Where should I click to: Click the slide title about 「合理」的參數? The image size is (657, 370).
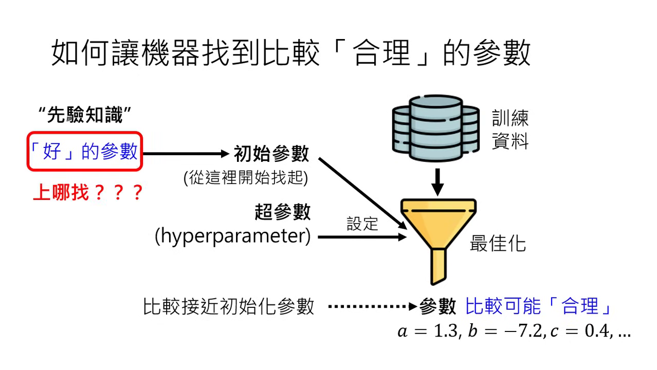(x=291, y=54)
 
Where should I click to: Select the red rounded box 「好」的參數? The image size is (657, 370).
(x=85, y=152)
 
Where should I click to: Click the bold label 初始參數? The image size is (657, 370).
(x=271, y=153)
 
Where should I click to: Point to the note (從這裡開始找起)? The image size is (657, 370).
(x=246, y=178)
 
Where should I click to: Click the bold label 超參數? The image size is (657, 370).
(x=283, y=211)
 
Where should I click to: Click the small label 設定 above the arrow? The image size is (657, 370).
(x=362, y=224)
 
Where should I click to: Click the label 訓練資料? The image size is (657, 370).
(x=510, y=130)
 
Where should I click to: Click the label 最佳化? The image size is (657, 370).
(x=498, y=244)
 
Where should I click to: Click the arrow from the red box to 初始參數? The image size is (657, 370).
(x=185, y=153)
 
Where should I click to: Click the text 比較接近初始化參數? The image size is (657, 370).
(x=229, y=307)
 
